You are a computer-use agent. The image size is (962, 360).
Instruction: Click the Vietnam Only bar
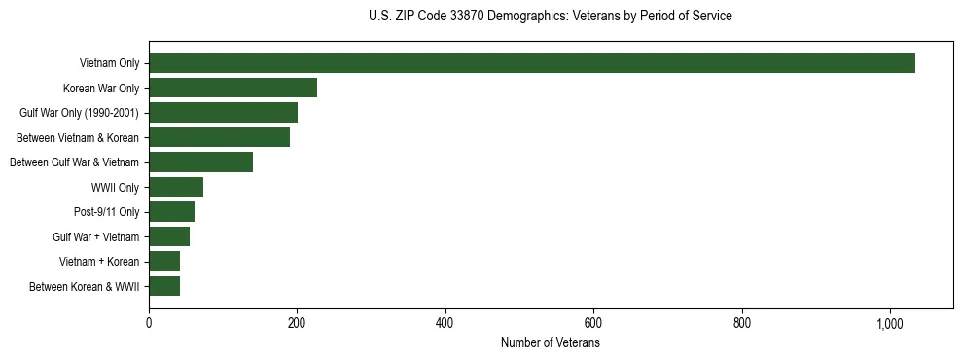coord(531,63)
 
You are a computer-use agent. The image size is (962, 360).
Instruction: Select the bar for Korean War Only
coord(232,88)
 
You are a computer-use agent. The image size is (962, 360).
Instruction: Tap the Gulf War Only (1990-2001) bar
coord(223,113)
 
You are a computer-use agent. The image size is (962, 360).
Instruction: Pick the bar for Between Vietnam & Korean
coord(219,137)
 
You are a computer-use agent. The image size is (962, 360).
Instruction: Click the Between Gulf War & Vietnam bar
coord(200,162)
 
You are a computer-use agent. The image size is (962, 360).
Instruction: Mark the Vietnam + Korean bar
coord(164,262)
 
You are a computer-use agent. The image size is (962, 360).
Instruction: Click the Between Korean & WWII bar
coord(164,286)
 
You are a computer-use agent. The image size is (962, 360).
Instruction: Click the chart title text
coord(551,17)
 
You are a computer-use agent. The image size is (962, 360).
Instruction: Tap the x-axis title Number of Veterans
coord(551,343)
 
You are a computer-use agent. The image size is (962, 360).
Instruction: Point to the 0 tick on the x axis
coord(149,324)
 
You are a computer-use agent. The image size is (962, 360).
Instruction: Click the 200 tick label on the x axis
coord(297,324)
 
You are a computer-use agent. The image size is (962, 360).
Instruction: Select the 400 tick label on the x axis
coord(445,324)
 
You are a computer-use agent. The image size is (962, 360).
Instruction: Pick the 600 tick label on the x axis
coord(593,324)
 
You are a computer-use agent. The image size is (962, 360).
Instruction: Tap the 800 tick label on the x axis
coord(742,324)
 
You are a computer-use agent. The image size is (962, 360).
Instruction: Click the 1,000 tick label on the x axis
coord(890,324)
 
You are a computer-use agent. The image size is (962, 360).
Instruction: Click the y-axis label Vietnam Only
coord(109,63)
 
